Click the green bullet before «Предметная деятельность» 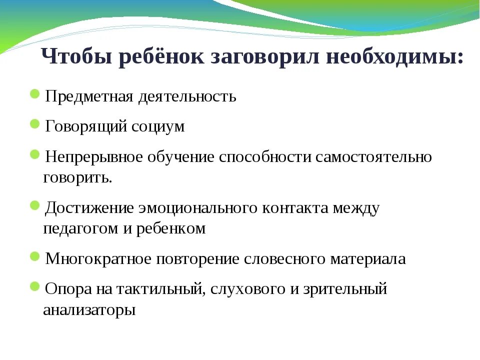click(x=35, y=94)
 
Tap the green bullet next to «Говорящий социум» click(x=35, y=124)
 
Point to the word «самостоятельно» click(x=373, y=157)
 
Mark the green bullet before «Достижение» click(x=35, y=205)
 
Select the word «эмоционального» click(x=199, y=208)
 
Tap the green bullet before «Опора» click(x=35, y=286)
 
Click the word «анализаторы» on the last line click(x=89, y=310)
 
